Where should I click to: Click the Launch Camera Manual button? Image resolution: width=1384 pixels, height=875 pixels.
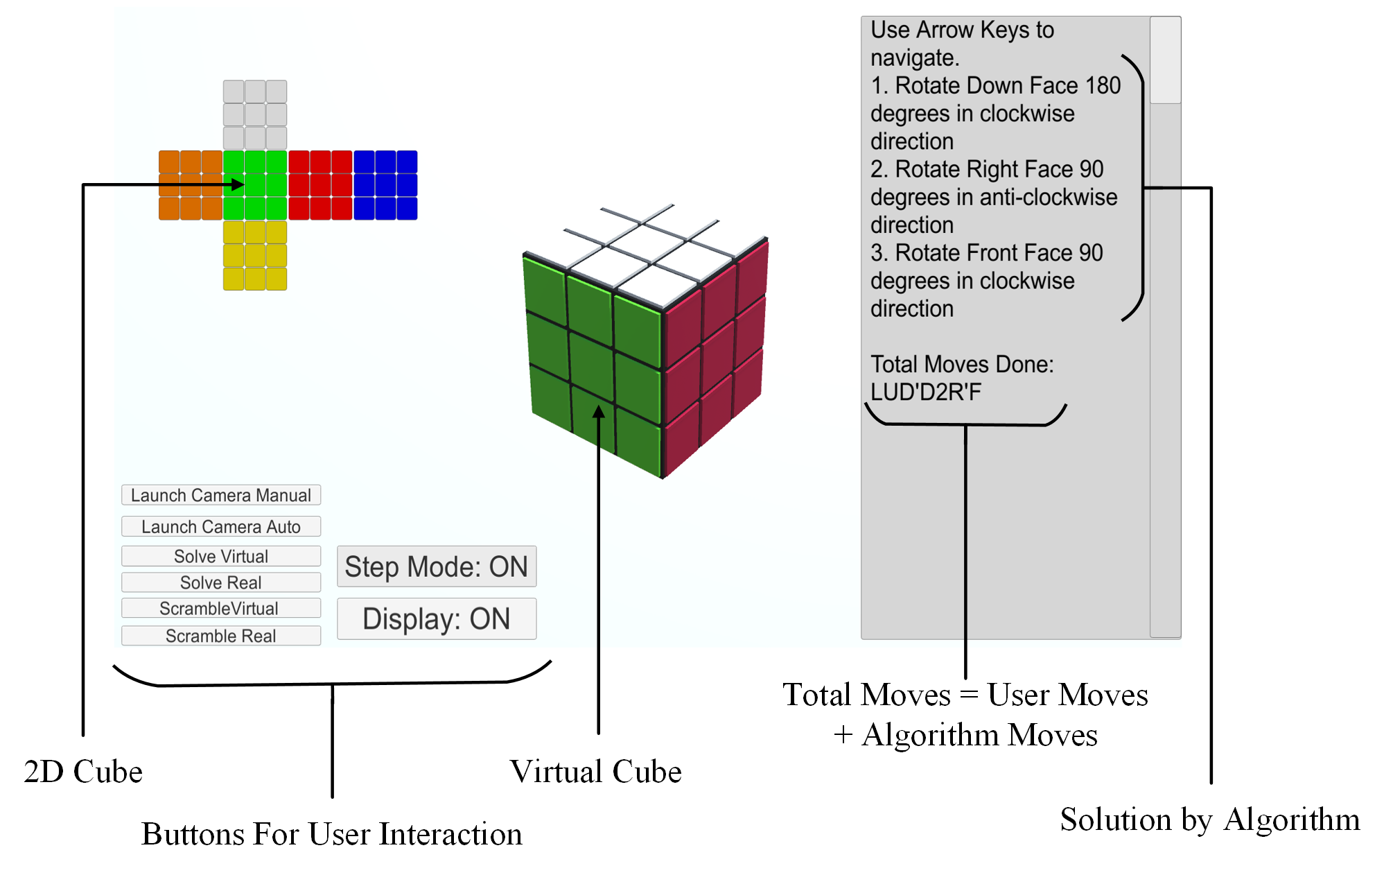coord(221,495)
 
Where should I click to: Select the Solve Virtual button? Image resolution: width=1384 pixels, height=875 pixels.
coord(221,556)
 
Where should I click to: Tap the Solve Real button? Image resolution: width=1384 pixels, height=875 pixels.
coord(221,582)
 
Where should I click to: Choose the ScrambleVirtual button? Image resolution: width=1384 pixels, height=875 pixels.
coord(221,608)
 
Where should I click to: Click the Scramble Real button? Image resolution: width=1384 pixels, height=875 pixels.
coord(221,636)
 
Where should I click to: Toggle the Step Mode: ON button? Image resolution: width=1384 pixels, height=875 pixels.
coord(437,566)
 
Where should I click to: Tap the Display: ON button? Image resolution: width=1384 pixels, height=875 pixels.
coord(437,618)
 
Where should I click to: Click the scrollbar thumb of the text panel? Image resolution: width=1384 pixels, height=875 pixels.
coord(1166,60)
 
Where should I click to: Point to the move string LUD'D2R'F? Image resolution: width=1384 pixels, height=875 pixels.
coord(926,392)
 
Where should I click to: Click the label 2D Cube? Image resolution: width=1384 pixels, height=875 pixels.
coord(83,772)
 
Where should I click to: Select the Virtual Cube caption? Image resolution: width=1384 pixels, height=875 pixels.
coord(596,772)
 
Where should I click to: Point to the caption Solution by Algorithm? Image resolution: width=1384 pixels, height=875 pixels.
coord(1210,820)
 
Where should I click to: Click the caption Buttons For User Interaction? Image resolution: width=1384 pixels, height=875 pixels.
coord(332,834)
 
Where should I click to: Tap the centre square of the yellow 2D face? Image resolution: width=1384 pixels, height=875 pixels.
coord(255,255)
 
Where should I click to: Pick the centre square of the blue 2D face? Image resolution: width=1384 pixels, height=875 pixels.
coord(385,185)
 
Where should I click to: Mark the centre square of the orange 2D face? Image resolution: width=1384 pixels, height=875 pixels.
coord(191,185)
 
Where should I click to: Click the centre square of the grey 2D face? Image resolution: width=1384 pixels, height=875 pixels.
coord(255,114)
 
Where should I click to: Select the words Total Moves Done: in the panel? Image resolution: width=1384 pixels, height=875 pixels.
coord(962,365)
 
